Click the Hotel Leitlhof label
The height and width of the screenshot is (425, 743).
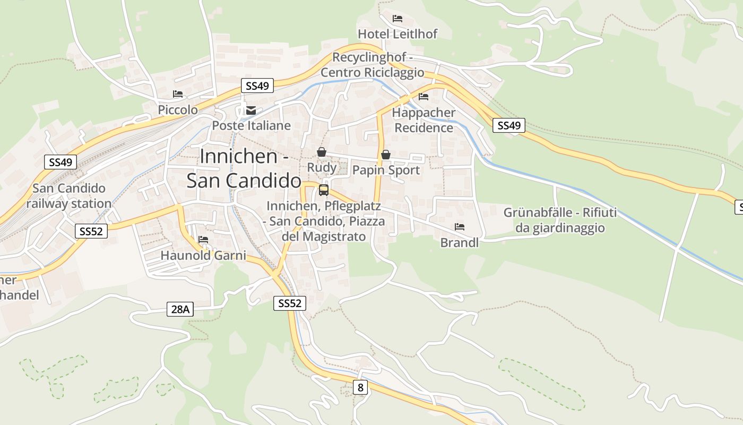point(398,34)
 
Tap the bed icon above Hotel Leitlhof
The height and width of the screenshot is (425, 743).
point(398,19)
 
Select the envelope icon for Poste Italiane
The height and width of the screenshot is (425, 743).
point(250,110)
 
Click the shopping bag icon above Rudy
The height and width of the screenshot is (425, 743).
point(322,152)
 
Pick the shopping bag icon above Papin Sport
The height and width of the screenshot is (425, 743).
point(386,155)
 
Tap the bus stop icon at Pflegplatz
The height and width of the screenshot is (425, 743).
point(324,190)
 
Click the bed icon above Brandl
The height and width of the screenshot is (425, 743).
point(460,227)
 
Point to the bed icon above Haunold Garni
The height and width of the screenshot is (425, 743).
point(203,240)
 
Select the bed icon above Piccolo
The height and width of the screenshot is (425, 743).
point(178,94)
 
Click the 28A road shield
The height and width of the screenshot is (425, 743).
point(180,309)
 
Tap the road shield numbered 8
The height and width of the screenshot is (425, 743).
point(360,387)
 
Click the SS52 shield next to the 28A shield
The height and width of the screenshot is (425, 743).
point(290,303)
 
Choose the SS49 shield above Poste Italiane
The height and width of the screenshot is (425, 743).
point(257,86)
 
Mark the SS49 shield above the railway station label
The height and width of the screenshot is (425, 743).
point(61,162)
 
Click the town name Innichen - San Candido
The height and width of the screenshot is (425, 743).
point(244,168)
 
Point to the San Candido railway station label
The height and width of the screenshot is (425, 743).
point(69,196)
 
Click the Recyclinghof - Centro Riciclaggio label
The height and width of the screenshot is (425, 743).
point(373,65)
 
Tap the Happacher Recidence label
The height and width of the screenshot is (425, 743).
point(424,120)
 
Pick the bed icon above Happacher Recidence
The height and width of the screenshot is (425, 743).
point(424,97)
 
